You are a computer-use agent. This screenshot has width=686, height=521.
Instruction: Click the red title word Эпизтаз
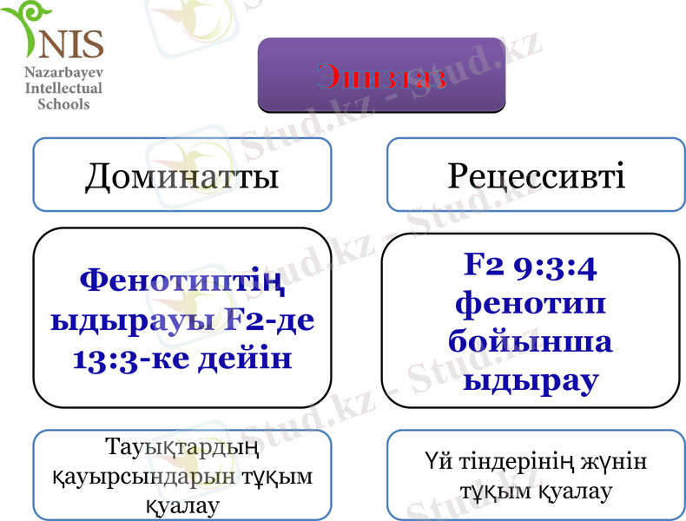pyautogui.click(x=382, y=76)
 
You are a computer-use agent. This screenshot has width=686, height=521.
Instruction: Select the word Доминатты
pyautogui.click(x=181, y=176)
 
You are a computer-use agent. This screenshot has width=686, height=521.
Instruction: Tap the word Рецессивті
pyautogui.click(x=536, y=176)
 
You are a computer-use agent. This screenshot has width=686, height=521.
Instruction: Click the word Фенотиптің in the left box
pyautogui.click(x=181, y=280)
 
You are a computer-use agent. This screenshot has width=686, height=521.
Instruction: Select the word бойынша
pyautogui.click(x=530, y=341)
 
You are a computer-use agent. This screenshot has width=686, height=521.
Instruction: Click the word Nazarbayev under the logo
pyautogui.click(x=63, y=74)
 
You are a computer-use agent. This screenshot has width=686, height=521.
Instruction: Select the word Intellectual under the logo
pyautogui.click(x=63, y=89)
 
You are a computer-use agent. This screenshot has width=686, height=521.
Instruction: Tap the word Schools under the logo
pyautogui.click(x=63, y=103)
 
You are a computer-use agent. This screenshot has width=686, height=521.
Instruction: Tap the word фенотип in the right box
pyautogui.click(x=530, y=305)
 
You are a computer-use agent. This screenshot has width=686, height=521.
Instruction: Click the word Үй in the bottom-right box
pyautogui.click(x=439, y=462)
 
